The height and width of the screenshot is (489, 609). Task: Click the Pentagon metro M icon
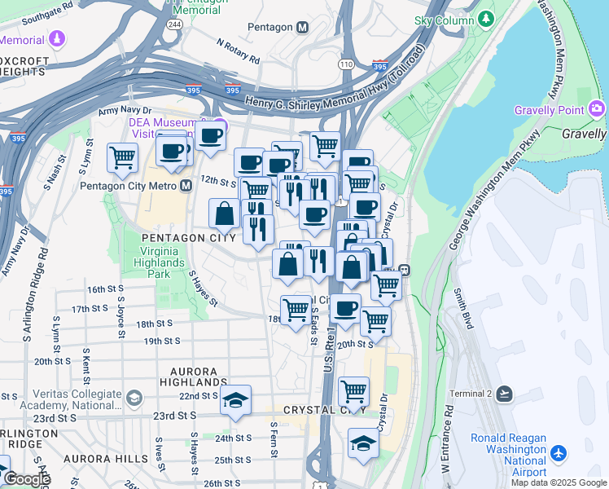click(303, 27)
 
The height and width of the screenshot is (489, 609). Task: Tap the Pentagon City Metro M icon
click(186, 185)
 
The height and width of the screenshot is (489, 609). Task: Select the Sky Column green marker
click(486, 18)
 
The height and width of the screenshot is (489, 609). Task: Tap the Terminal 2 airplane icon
click(505, 394)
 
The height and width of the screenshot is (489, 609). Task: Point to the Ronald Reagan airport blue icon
click(559, 452)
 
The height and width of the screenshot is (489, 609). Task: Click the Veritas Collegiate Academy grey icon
click(134, 397)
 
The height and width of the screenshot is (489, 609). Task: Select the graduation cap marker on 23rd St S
click(235, 400)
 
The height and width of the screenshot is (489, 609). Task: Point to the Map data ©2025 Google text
click(558, 482)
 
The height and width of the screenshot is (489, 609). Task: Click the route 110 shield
click(346, 64)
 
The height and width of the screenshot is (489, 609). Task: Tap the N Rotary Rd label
click(238, 51)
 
